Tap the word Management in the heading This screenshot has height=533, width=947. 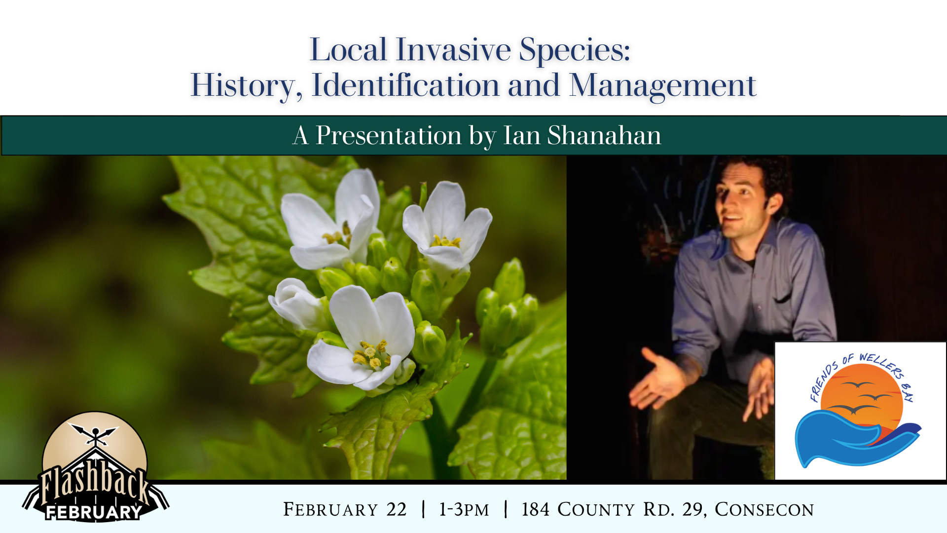click(x=662, y=85)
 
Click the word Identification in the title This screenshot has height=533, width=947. click(x=405, y=85)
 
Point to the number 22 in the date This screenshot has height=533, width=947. click(x=397, y=509)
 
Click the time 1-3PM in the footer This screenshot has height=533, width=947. click(x=464, y=509)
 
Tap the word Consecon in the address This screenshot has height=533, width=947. click(x=764, y=509)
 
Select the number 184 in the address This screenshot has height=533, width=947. click(x=535, y=509)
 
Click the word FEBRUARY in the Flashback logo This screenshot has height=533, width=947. click(x=94, y=512)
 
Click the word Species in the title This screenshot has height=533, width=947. click(x=575, y=51)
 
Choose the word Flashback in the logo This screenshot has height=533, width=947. click(x=94, y=484)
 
